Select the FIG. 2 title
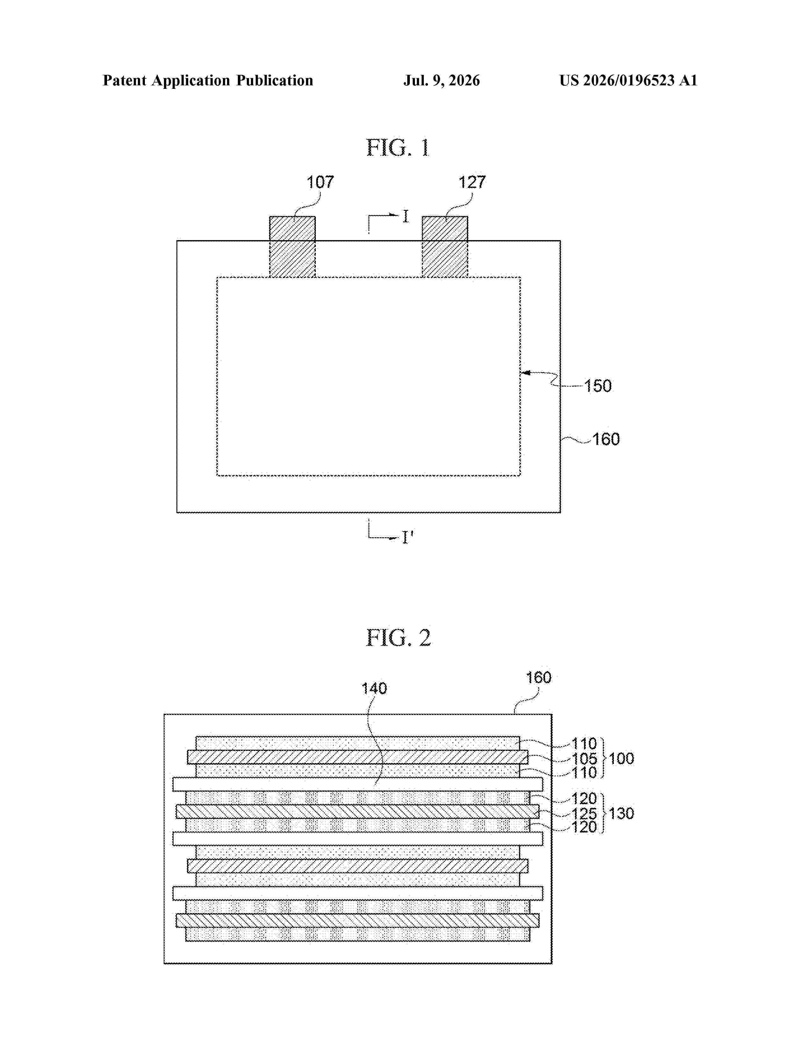tap(398, 638)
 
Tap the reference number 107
tap(320, 182)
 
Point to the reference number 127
tap(472, 182)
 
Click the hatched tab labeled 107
tap(292, 247)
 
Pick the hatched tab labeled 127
tap(445, 247)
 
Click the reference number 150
tap(598, 386)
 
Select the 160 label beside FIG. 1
tap(606, 440)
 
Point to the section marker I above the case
tap(405, 217)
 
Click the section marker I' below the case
tap(408, 537)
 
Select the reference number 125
tap(584, 814)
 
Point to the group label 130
tap(622, 814)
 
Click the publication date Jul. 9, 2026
tap(442, 80)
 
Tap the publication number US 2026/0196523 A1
tap(628, 80)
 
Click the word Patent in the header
tap(125, 80)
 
